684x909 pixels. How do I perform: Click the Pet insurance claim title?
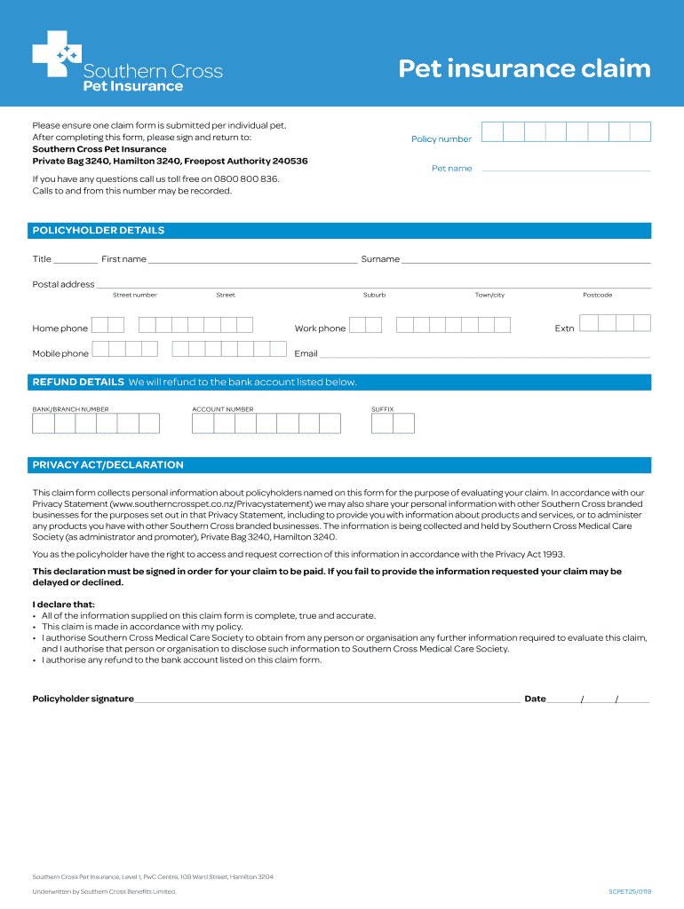524,69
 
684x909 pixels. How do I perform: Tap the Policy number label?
441,139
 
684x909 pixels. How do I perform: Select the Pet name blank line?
565,169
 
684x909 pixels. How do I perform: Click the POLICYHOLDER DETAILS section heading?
99,231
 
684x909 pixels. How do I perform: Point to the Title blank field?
76,261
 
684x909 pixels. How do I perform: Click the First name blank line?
252,261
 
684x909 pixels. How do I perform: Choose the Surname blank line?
526,261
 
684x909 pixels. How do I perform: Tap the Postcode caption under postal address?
597,295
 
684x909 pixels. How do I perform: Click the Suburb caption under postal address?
374,295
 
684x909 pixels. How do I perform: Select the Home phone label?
60,328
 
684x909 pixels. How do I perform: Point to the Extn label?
564,328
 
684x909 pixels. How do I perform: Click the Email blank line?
485,355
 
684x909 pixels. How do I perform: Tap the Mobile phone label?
60,354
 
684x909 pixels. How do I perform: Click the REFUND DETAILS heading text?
78,383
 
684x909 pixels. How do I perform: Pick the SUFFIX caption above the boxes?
382,409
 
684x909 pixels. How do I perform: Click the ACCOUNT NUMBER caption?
222,409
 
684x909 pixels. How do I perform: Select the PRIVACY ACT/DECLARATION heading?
108,465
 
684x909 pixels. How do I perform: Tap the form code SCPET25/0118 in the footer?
630,891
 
